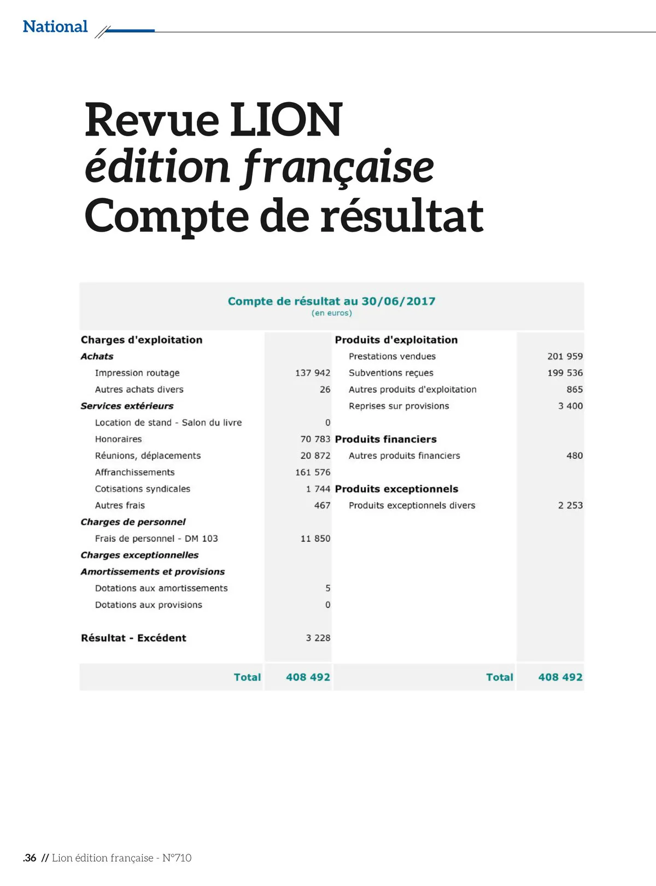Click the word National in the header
point(55,27)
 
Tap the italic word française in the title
point(338,167)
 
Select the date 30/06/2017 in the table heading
point(399,302)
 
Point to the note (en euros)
point(332,314)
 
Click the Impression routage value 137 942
point(313,373)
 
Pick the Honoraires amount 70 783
point(315,439)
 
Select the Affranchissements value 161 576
point(313,472)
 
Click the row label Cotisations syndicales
point(143,489)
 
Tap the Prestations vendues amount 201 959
point(565,357)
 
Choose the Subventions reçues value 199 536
point(565,373)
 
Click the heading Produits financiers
point(386,439)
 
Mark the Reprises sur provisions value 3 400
point(570,406)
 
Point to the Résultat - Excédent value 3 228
point(318,638)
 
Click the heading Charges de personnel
point(133,522)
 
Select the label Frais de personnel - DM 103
point(156,539)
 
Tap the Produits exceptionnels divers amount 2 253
point(570,506)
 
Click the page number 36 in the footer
point(30,858)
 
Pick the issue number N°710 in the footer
point(177,858)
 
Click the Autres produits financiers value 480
point(575,456)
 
